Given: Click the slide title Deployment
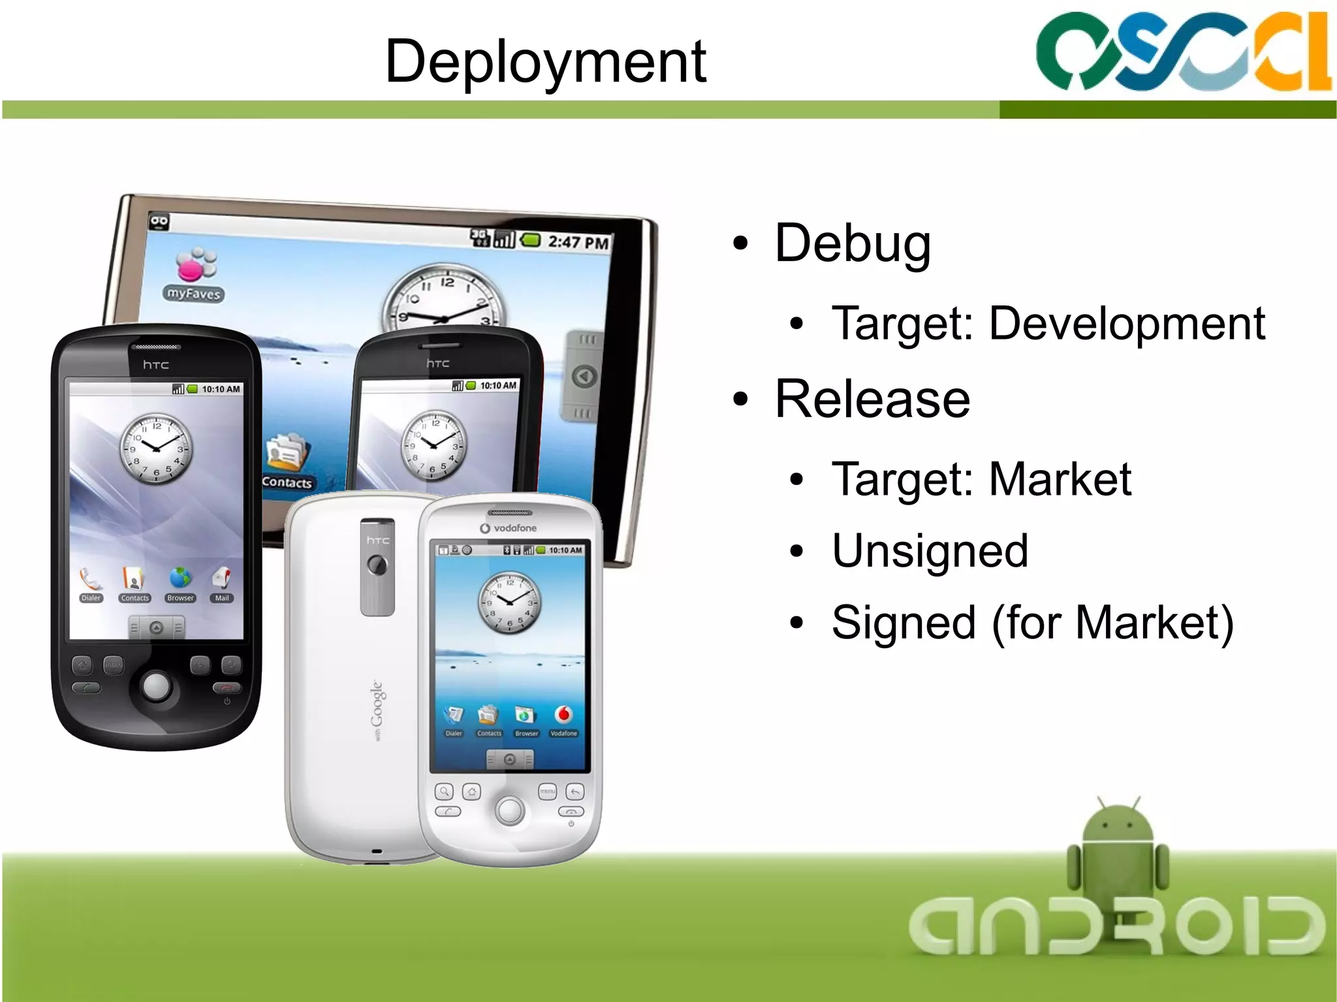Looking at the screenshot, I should pyautogui.click(x=545, y=62).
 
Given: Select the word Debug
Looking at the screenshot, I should pyautogui.click(x=852, y=243).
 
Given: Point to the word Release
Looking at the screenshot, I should pyautogui.click(x=872, y=399).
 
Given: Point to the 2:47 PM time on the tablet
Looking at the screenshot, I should pyautogui.click(x=578, y=242).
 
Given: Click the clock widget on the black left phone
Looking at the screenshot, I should pyautogui.click(x=156, y=448).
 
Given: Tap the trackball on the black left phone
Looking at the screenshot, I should pyautogui.click(x=156, y=685).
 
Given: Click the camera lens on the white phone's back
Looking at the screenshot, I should pyautogui.click(x=377, y=565).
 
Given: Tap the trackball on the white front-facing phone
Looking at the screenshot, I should pyautogui.click(x=509, y=810).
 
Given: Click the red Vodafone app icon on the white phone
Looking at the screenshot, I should pyautogui.click(x=563, y=715).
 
